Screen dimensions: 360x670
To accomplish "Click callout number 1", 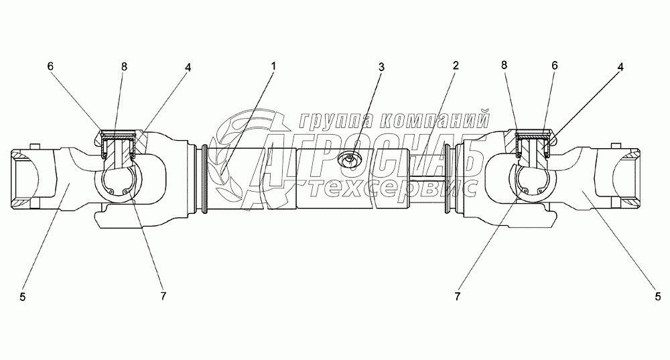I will pos(273,66).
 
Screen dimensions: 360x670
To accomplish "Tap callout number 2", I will pos(455,66).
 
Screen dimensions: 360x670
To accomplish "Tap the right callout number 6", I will pos(553,66).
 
